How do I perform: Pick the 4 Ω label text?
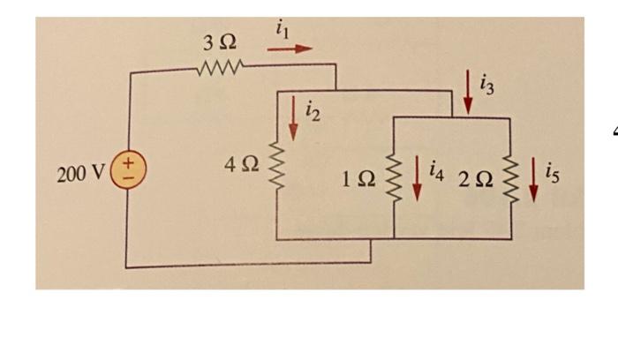(x=242, y=166)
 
